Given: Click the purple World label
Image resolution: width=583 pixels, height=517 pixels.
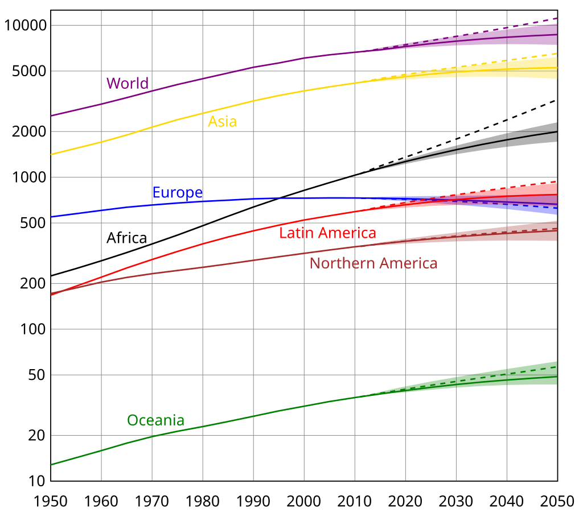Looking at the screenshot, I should click(127, 84).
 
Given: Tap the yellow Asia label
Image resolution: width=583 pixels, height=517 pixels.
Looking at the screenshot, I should click(222, 121).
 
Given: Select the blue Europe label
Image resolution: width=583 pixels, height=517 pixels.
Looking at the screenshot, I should click(177, 193).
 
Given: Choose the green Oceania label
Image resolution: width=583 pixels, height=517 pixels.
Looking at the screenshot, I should click(155, 420).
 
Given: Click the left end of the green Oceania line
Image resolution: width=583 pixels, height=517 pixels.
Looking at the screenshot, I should click(51, 465).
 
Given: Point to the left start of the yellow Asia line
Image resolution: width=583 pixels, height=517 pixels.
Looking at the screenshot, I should click(51, 154).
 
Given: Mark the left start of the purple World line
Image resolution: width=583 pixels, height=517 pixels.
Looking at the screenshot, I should click(51, 115).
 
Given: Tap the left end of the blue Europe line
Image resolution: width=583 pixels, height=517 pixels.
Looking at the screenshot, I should click(51, 217).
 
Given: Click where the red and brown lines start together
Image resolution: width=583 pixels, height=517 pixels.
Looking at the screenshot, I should click(51, 294).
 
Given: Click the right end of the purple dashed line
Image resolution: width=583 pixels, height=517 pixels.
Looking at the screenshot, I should click(556, 19).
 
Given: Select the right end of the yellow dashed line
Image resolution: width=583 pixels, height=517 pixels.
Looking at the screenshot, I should click(556, 53).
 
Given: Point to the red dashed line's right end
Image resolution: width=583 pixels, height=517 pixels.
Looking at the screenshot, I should click(556, 181).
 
